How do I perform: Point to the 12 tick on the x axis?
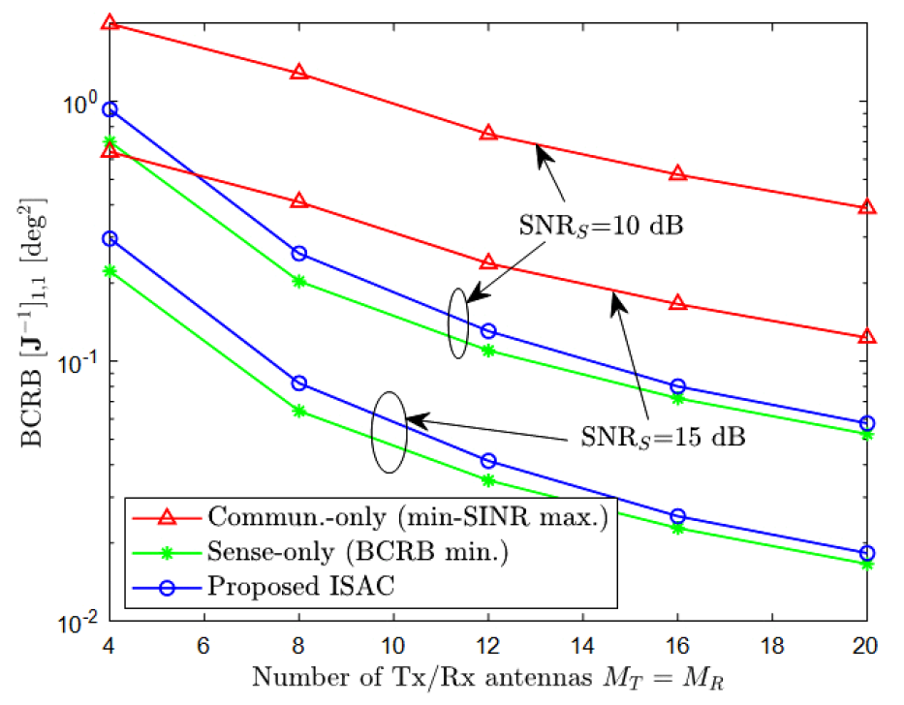(488, 643)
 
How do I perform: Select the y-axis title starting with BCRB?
(30, 320)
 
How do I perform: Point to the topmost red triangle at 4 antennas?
(110, 22)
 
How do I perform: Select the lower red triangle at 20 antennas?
(867, 337)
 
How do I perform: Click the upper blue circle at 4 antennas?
(110, 109)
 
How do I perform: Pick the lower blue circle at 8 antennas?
(299, 383)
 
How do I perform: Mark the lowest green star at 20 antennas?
(867, 564)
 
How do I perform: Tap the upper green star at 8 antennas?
(299, 281)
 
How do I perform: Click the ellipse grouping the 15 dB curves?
(389, 432)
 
